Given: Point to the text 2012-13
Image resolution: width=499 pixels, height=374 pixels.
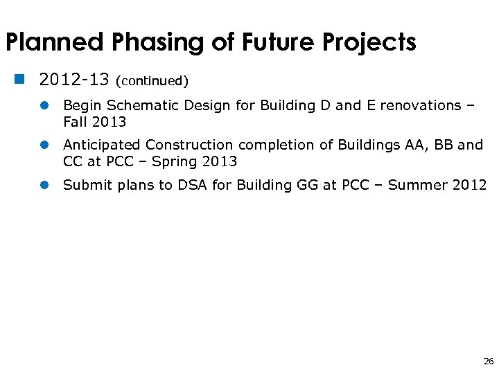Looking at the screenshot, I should tap(74, 80).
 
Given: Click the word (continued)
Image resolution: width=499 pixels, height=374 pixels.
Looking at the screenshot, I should tap(152, 81).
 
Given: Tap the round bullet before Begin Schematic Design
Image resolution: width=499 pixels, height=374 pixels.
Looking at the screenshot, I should tap(44, 106).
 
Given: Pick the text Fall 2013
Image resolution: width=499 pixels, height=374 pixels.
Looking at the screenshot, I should tap(94, 123).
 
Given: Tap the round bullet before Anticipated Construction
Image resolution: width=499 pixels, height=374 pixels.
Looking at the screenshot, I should tap(44, 145).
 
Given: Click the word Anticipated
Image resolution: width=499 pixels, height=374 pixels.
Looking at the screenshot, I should tap(102, 145).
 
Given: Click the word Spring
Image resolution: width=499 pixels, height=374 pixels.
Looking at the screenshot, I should tap(175, 162).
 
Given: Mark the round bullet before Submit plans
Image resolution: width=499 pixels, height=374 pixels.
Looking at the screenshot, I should tap(44, 185).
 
